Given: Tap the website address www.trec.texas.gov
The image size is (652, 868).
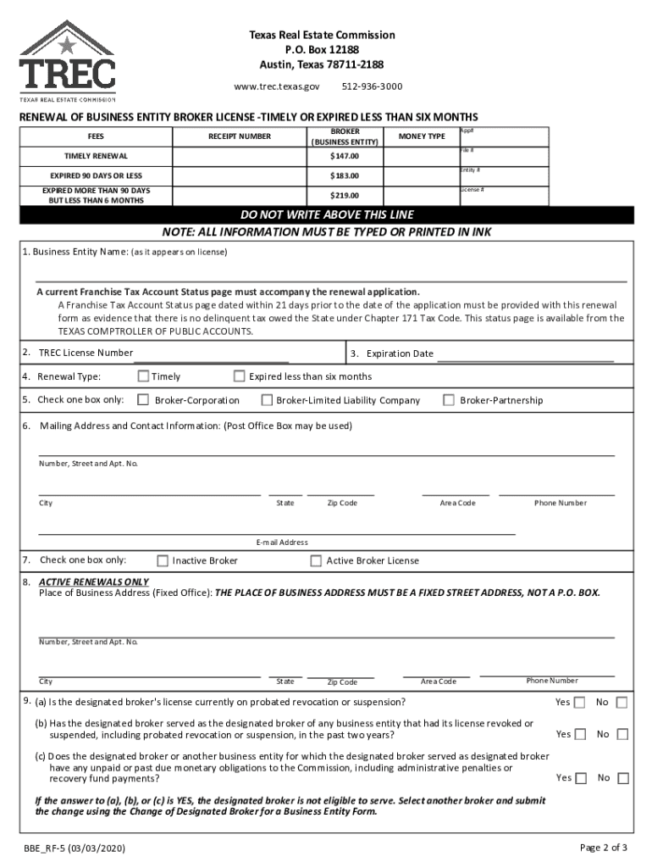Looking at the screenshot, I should [276, 86].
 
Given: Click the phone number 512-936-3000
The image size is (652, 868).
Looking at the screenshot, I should [372, 86].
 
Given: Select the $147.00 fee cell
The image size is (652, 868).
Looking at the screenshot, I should [345, 157].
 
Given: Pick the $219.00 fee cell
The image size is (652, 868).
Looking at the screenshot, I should [345, 196].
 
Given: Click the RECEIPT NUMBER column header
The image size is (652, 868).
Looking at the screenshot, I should [240, 136].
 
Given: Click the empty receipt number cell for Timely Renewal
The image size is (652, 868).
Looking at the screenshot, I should [240, 157].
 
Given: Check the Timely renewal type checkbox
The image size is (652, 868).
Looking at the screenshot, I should [143, 376].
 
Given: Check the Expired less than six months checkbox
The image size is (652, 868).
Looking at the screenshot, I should [240, 376].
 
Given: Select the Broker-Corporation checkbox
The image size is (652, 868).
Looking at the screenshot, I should [143, 400].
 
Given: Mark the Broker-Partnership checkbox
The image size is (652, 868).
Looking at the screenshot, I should [449, 400].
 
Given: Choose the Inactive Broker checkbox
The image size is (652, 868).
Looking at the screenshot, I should [163, 560].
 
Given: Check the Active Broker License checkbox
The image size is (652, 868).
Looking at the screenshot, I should [316, 560].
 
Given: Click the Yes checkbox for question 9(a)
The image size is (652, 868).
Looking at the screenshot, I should [580, 703].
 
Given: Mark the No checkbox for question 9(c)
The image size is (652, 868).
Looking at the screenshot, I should [622, 778].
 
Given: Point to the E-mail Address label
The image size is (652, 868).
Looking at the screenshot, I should [282, 542].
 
